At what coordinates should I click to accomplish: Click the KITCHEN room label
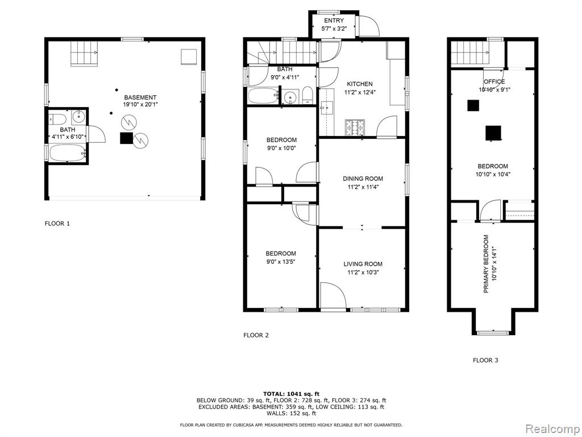click(360, 84)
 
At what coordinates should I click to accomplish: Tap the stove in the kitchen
click(355, 128)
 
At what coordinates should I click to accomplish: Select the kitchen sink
click(327, 107)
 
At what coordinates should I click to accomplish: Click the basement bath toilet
click(57, 119)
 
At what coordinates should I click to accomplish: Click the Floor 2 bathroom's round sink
click(290, 98)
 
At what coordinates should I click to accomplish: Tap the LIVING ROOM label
click(363, 264)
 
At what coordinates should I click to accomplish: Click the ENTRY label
click(334, 20)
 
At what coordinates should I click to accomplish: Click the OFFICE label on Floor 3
click(494, 82)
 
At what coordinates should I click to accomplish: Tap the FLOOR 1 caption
click(57, 224)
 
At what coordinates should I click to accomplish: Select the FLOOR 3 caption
click(485, 360)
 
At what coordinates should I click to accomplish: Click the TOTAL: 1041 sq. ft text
click(291, 394)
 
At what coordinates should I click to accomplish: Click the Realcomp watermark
click(552, 429)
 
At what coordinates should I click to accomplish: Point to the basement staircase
click(85, 53)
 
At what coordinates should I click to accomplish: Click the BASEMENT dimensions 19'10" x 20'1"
click(140, 105)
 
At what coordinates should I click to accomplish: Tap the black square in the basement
click(127, 138)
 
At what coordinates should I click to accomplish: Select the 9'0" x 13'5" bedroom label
click(281, 262)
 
